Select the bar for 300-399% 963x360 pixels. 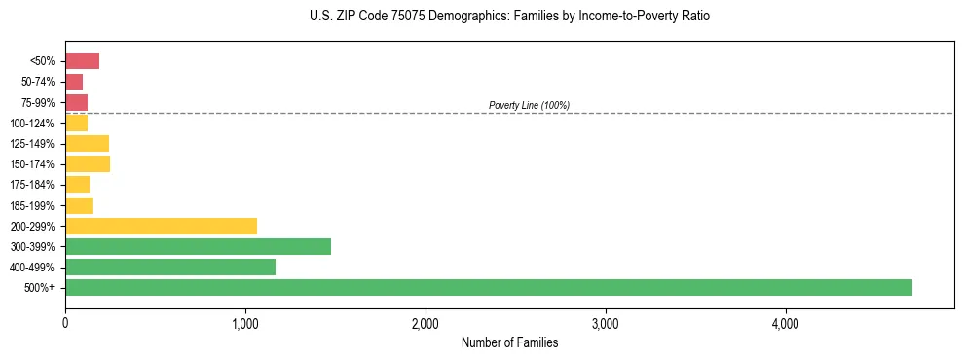(x=198, y=246)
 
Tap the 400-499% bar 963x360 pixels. (x=170, y=267)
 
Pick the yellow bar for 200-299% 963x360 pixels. (x=161, y=226)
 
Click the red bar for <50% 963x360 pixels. (x=82, y=61)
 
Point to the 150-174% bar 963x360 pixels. (x=88, y=163)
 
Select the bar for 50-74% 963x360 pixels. (x=74, y=82)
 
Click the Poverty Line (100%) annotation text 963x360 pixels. (x=529, y=105)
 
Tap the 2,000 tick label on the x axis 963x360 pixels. (x=426, y=323)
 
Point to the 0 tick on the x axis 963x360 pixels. (x=65, y=323)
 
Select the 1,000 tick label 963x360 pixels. (x=245, y=323)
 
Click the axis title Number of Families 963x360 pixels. (x=509, y=342)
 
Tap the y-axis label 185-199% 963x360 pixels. (x=32, y=205)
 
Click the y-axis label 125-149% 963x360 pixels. (x=32, y=143)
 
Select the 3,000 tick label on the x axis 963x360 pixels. (x=606, y=323)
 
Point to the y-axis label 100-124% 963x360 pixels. (x=32, y=123)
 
